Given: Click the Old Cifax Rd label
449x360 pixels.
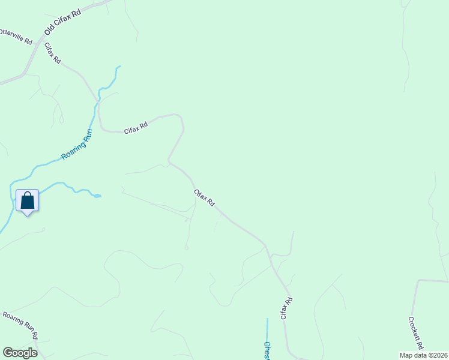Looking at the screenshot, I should coord(62,22).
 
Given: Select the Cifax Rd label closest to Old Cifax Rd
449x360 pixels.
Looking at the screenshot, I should coord(53,53).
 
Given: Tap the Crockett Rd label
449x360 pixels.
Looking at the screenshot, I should coord(416,333).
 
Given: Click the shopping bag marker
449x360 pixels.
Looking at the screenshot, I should coord(27,200).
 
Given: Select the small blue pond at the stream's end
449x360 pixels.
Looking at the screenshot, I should coord(97,195).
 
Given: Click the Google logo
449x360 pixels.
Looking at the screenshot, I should coord(20,353).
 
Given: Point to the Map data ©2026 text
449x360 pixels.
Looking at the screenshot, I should coord(423,355).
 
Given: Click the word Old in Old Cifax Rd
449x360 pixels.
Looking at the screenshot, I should coord(49,30).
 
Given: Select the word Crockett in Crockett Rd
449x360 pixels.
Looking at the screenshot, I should coord(414,329).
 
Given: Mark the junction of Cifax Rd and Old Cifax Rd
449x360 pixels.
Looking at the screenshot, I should coord(44,42).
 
